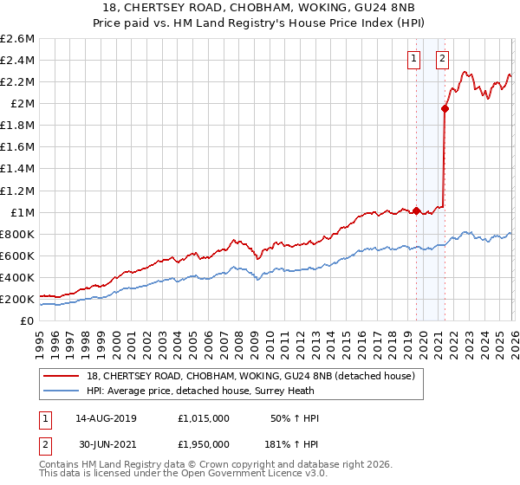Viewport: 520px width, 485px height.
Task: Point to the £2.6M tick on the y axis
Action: click(x=17, y=39)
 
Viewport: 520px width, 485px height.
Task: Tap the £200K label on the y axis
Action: click(x=17, y=299)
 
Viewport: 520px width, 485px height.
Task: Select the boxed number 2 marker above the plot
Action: click(x=442, y=59)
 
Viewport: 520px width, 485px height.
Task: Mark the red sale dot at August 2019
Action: click(x=416, y=210)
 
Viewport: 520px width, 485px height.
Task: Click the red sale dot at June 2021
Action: click(x=445, y=109)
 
